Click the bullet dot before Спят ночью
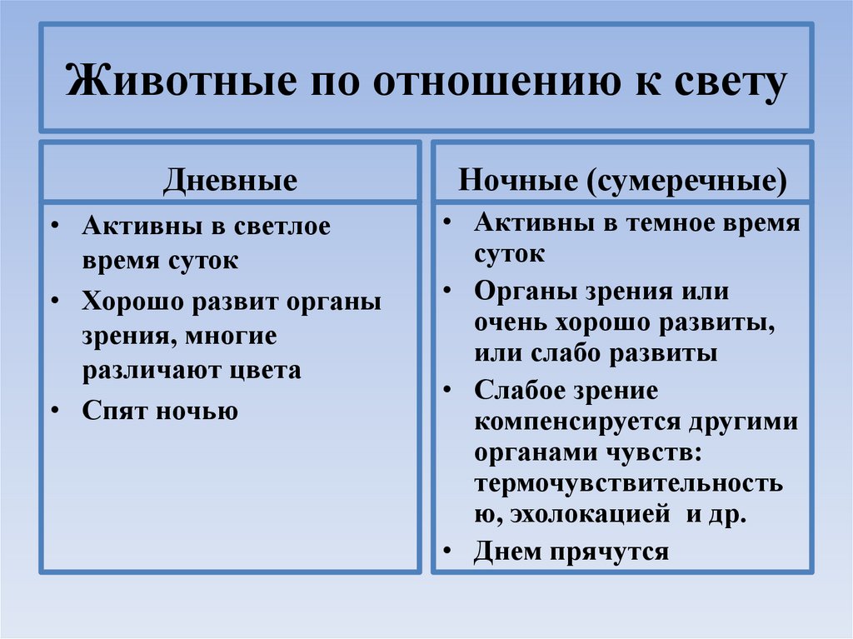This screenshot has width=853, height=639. click(54, 411)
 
